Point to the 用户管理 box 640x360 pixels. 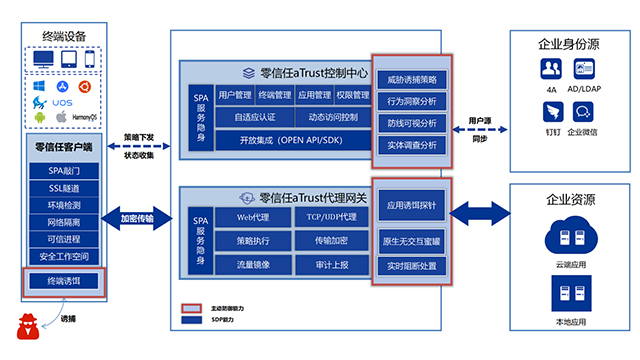coord(235,95)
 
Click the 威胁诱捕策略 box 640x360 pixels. coord(412,79)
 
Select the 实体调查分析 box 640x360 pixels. coord(412,145)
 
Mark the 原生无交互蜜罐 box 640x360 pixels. coord(412,241)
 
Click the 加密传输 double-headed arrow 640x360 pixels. coord(144,218)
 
